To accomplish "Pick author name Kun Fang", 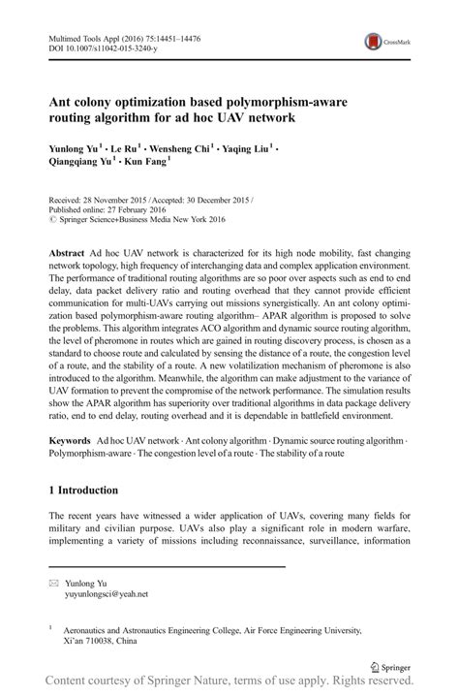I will [x=143, y=166].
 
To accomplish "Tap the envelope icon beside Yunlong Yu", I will [x=54, y=583].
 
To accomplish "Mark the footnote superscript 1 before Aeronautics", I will [x=50, y=627].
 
